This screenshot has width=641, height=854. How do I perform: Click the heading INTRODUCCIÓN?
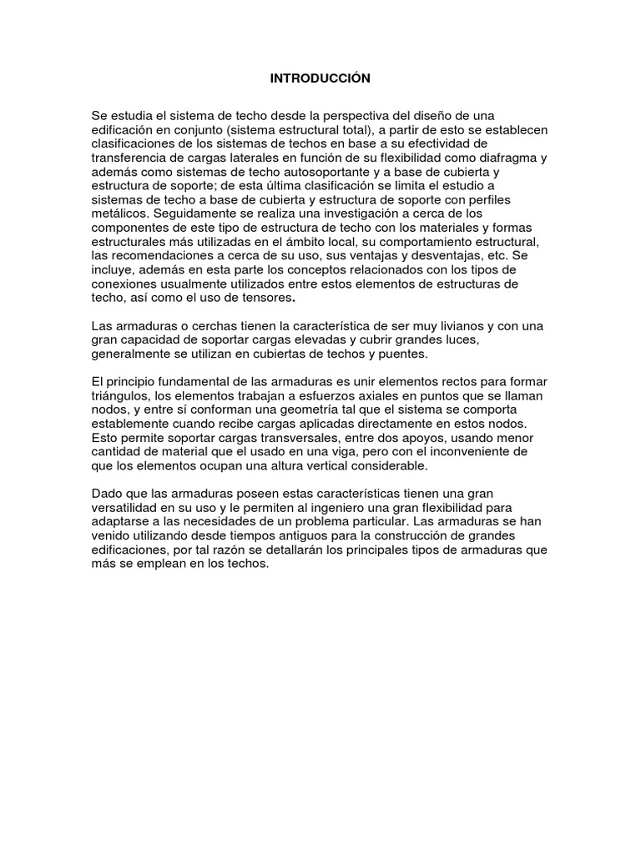pyautogui.click(x=320, y=78)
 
